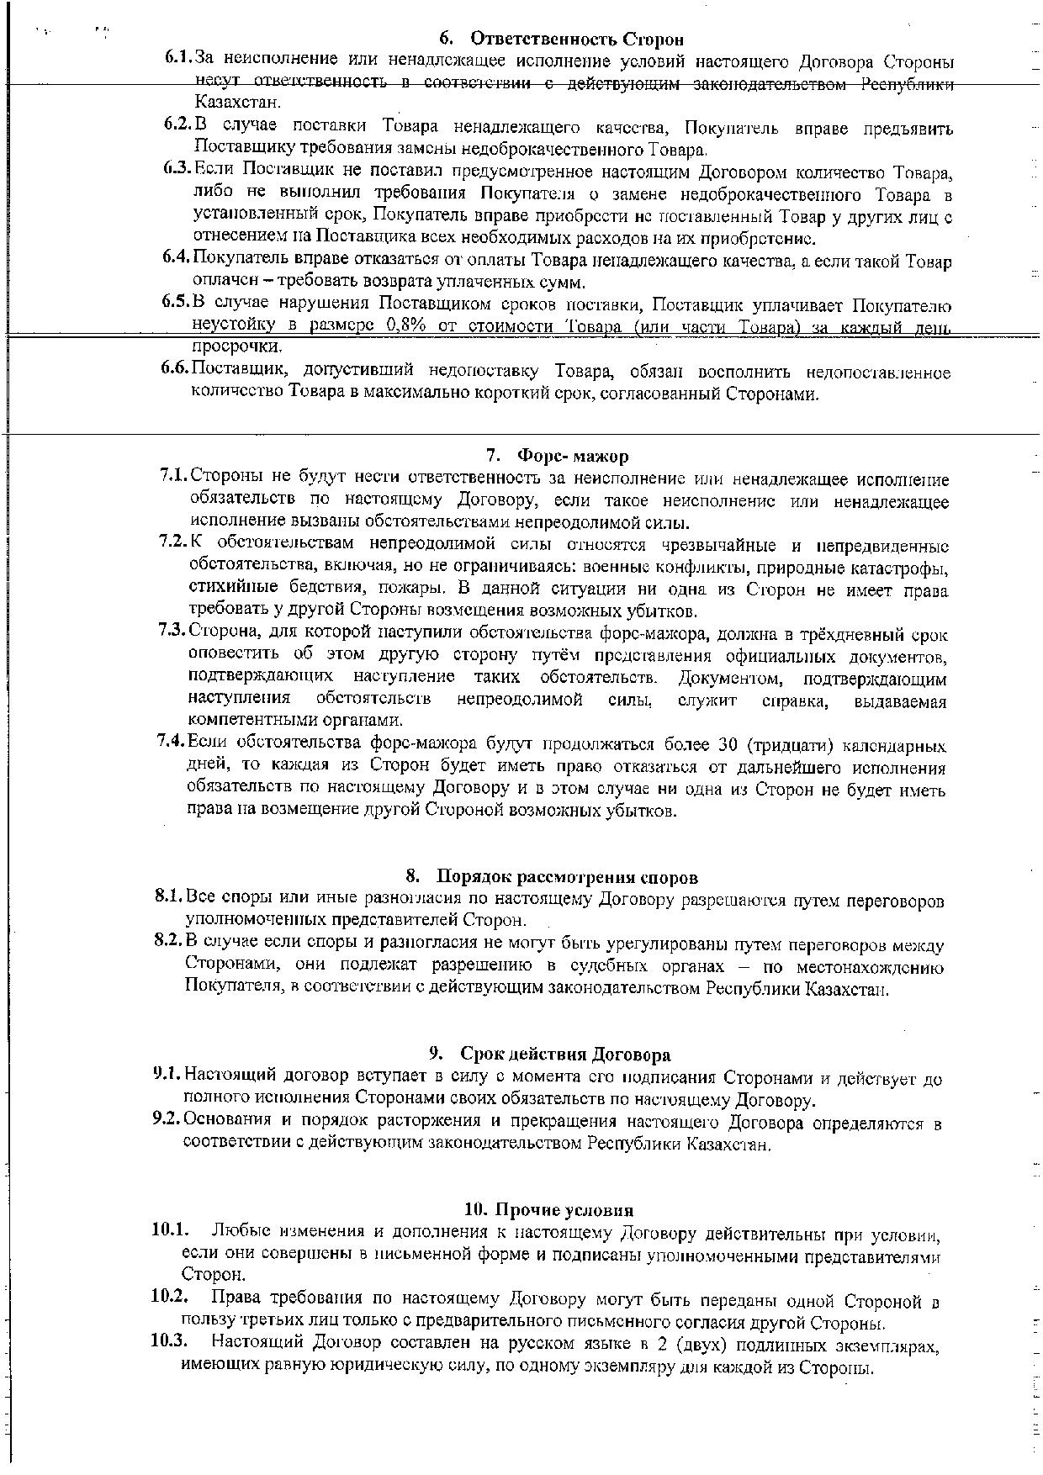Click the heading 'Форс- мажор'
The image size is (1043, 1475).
coord(572,457)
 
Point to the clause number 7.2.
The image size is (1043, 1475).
coord(173,543)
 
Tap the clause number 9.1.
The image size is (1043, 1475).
coord(167,1075)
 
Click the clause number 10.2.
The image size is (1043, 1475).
coord(168,1297)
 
